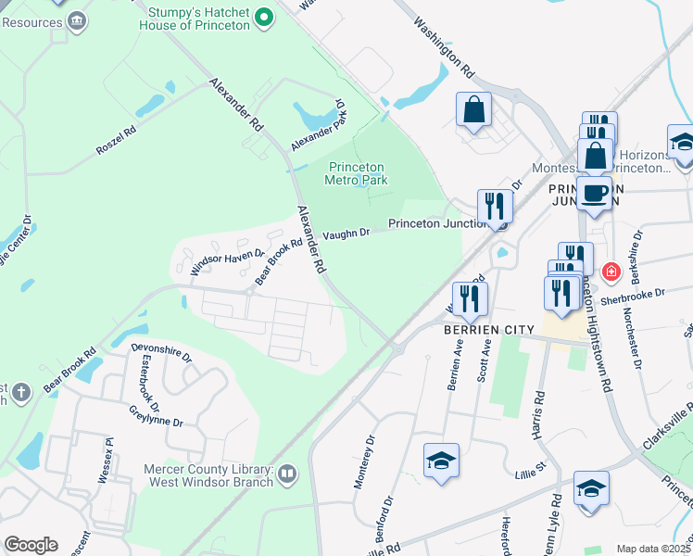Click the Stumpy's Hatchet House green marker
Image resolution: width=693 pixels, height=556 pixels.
click(264, 17)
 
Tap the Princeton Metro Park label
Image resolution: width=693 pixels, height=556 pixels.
click(357, 173)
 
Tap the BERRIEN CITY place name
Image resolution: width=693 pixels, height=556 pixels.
click(488, 330)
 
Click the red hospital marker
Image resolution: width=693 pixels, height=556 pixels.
click(610, 272)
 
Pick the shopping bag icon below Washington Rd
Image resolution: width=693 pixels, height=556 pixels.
click(473, 109)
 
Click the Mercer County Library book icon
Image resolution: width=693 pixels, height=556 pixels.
click(287, 475)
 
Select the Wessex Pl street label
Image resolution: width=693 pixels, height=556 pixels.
click(105, 460)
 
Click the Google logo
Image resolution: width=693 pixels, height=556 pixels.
click(31, 545)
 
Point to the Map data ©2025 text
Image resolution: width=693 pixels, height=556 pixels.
click(652, 549)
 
